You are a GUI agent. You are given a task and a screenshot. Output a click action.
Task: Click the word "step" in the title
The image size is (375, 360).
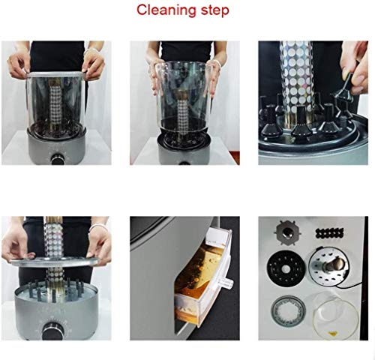[x=215, y=11]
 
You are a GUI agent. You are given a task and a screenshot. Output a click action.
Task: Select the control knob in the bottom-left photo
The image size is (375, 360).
[x=52, y=331]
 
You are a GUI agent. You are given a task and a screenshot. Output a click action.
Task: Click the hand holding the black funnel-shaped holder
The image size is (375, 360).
[x=355, y=67]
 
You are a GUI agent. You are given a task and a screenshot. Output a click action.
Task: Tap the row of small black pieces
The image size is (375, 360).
[x=329, y=233]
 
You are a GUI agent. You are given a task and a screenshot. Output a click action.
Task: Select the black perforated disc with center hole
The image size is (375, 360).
[x=286, y=268]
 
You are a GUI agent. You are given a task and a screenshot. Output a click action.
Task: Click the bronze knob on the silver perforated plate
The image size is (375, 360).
[x=335, y=264]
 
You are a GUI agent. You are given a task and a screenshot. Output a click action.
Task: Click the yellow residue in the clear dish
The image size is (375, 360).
[x=332, y=333]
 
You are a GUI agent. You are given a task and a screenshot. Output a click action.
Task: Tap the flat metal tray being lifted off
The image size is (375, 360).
[x=54, y=262]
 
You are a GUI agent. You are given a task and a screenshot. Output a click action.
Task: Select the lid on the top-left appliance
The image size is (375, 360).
[x=55, y=74]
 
